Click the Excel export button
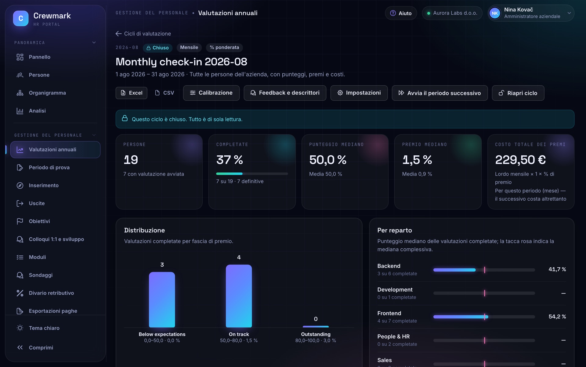[x=131, y=93]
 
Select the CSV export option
[x=165, y=93]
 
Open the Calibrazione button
[x=211, y=93]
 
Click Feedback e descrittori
[x=285, y=93]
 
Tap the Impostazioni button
[x=359, y=93]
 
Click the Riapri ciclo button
[x=518, y=93]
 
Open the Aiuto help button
[x=401, y=13]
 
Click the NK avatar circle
[x=495, y=13]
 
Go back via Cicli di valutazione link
[x=143, y=34]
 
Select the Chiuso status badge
[x=157, y=48]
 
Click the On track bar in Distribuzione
[x=239, y=296]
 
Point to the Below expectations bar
[x=162, y=300]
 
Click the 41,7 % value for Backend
[x=557, y=269]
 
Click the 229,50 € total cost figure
[x=520, y=160]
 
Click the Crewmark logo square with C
[x=21, y=18]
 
